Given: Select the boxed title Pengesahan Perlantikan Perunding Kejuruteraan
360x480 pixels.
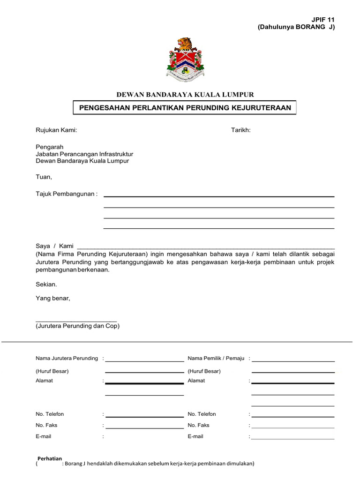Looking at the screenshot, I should click(185, 108).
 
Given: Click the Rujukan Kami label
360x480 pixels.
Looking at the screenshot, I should click(56, 130).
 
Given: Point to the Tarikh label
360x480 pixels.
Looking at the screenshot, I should click(241, 130).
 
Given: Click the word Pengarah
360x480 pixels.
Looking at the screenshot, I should click(49, 147).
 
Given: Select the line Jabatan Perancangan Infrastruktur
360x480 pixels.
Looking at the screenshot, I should click(84, 154).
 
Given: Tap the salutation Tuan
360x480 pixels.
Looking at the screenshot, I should click(44, 177).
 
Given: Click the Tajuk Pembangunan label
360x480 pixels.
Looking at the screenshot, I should click(67, 194).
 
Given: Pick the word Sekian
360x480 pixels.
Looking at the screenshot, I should click(46, 285).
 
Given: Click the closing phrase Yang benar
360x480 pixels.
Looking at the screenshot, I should click(53, 298).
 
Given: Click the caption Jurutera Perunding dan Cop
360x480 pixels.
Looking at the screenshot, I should click(78, 326).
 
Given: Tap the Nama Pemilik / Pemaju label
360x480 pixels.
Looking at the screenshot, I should click(216, 359).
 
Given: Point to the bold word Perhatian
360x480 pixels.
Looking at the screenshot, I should click(49, 458).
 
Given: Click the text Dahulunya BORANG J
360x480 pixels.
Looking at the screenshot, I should click(296, 27).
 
